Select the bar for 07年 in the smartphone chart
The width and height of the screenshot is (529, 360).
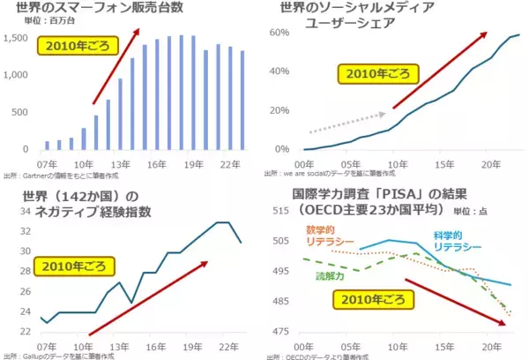pos(48,146)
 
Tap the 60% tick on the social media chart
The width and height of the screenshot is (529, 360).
pos(281,33)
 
